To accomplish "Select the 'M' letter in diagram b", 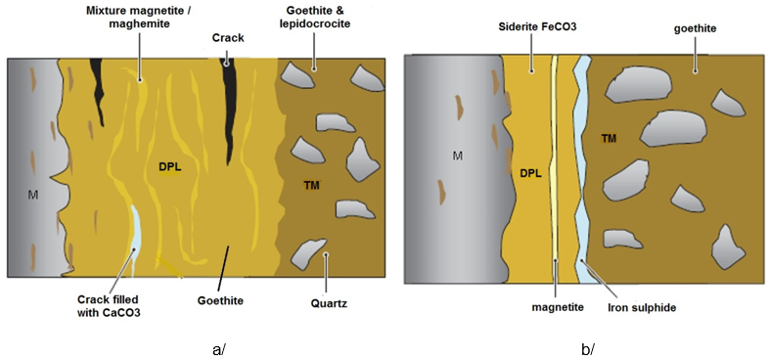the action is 453,155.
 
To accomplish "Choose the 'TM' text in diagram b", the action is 609,140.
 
